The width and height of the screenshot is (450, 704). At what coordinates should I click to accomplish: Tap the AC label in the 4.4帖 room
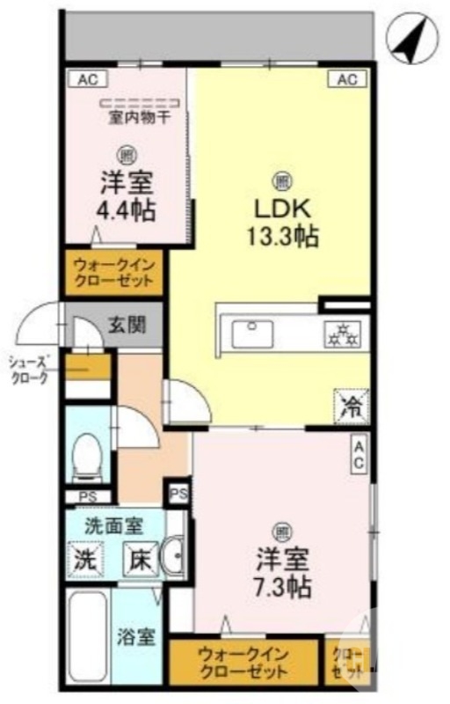(87, 79)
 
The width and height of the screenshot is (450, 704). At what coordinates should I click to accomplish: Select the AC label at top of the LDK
(346, 79)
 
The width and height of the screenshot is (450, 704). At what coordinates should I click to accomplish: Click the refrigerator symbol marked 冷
(350, 406)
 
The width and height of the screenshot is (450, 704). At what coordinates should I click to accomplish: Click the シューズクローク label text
(30, 369)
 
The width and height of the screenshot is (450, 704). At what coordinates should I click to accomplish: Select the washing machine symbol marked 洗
(86, 558)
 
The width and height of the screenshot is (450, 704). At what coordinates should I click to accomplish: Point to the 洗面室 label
(112, 526)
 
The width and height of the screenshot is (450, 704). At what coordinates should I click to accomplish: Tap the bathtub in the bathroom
(87, 638)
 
